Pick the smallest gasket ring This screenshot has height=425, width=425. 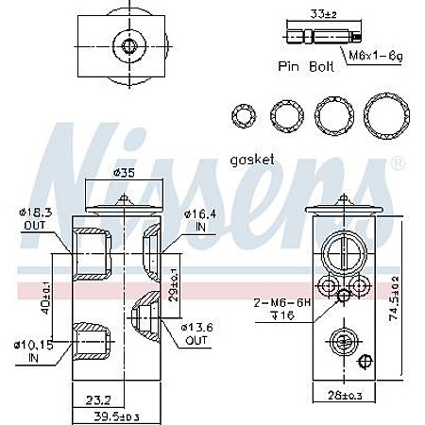point(245,116)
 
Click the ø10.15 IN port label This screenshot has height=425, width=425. point(33,349)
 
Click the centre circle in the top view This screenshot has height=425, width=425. point(126,45)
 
